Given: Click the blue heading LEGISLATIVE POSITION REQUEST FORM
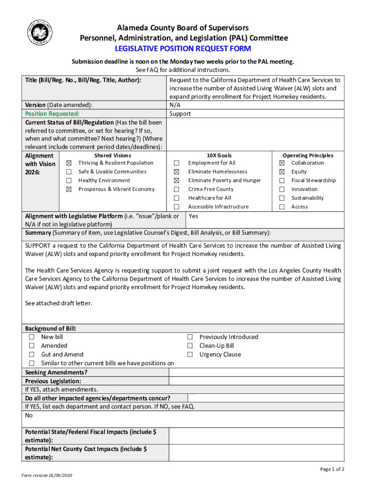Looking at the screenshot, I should coord(183,49).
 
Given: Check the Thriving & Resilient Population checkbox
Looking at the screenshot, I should coord(69,163).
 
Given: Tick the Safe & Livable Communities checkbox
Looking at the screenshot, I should coord(69,172).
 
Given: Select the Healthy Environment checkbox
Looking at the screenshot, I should coord(69,181).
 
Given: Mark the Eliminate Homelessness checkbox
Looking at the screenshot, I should coord(177,172).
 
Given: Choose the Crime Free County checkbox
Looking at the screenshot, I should coord(177,189).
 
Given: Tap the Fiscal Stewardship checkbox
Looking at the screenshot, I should coord(281,181).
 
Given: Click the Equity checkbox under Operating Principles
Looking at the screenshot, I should coord(281,172).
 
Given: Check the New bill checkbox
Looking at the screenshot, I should coord(32,337).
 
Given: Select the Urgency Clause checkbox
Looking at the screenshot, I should coord(190,355).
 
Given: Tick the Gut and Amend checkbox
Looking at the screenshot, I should coord(32,355).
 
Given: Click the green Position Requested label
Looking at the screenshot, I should coord(52,114).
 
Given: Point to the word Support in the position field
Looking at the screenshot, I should coord(180,114).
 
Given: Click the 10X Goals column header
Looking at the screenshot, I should coord(219,156).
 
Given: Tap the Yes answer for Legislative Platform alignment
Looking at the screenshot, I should coord(193,216).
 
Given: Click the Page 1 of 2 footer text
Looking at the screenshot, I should coord(332,469).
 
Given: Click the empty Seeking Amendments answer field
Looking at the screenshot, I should coord(257,372).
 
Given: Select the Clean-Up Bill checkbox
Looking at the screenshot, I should coord(190,346).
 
